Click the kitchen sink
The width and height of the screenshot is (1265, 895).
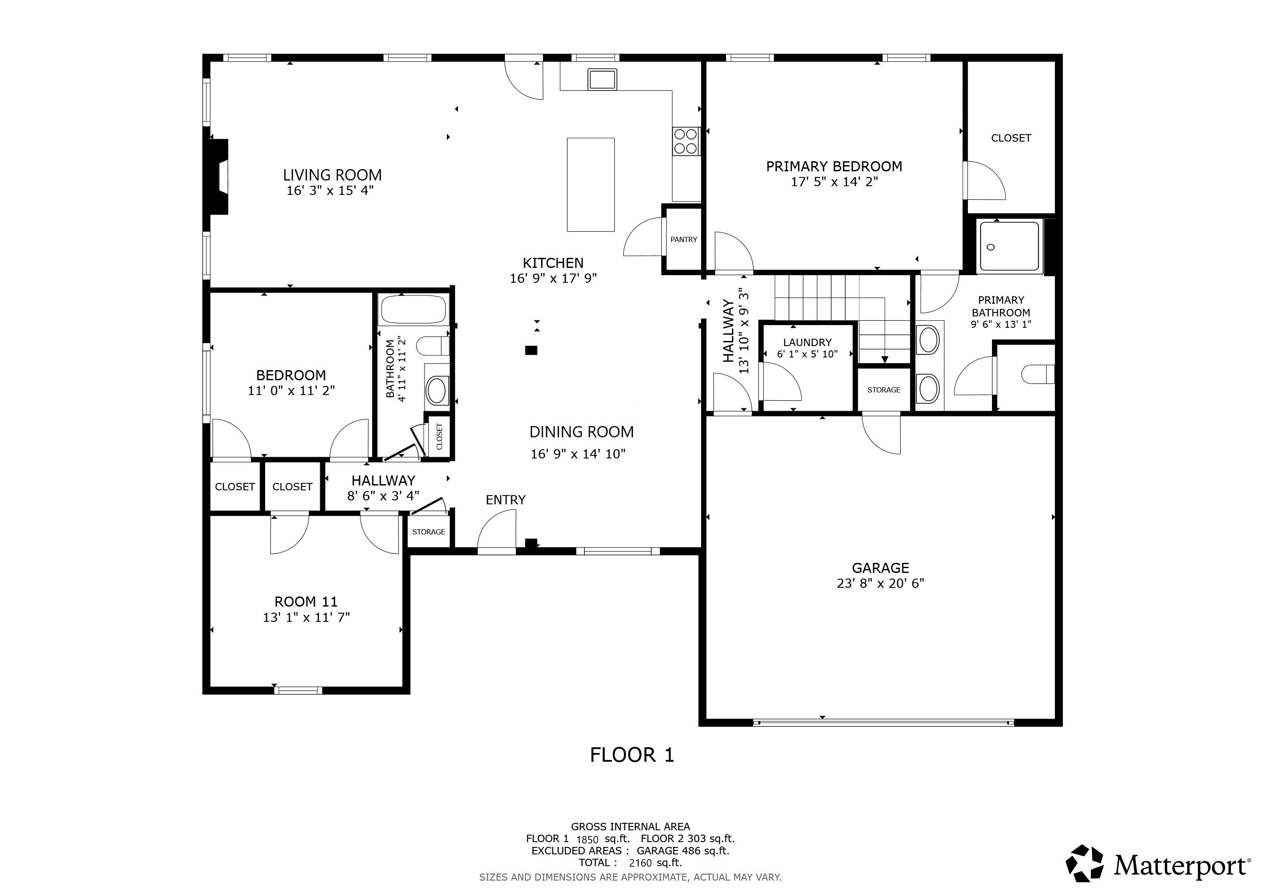[x=602, y=80]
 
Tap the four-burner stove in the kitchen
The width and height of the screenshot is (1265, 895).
[x=686, y=141]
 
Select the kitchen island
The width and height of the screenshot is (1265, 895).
[x=591, y=184]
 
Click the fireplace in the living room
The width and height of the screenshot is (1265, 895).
[x=218, y=177]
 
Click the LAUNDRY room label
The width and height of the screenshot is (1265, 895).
[x=807, y=342]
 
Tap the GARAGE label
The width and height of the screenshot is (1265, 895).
[x=881, y=568]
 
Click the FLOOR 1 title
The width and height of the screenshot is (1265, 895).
[x=632, y=754]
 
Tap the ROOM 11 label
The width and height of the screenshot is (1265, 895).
[x=306, y=601]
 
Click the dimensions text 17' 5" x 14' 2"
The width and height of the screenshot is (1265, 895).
[x=834, y=182]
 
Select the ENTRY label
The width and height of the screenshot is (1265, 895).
[x=505, y=500]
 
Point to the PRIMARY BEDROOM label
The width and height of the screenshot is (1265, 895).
[x=834, y=167]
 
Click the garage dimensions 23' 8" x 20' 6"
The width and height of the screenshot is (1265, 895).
[x=881, y=583]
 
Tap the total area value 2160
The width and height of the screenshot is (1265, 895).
[x=640, y=863]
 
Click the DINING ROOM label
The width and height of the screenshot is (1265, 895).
[x=581, y=432]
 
